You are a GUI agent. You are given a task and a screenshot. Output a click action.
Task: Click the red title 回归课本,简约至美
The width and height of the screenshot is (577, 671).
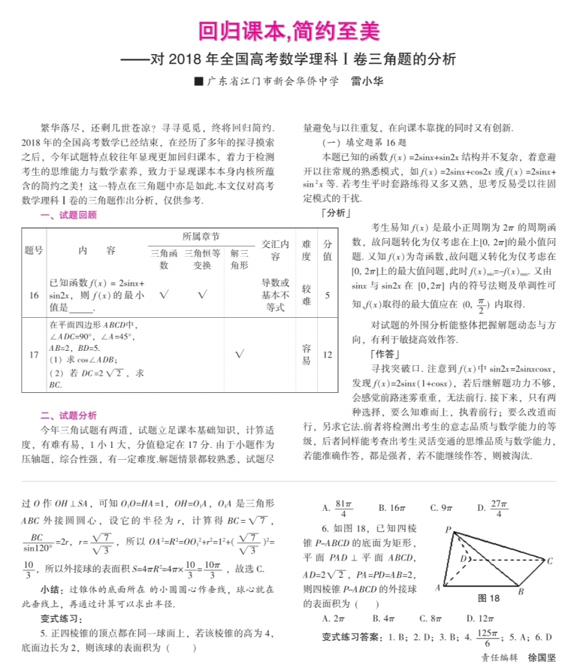pyautogui.click(x=288, y=32)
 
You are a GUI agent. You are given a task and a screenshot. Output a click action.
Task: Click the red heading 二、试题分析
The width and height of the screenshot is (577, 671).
pyautogui.click(x=68, y=416)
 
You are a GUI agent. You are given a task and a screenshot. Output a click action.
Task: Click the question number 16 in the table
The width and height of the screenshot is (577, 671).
pyautogui.click(x=34, y=295)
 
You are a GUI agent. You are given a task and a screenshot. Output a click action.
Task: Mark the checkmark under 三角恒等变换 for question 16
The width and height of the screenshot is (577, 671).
pyautogui.click(x=202, y=295)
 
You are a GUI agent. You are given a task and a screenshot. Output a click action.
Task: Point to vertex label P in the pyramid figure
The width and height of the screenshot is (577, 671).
pyautogui.click(x=447, y=530)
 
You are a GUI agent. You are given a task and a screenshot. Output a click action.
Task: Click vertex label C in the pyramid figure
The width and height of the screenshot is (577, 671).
pyautogui.click(x=550, y=560)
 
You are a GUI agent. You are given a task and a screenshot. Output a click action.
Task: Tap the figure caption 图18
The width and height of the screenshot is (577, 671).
pyautogui.click(x=488, y=598)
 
